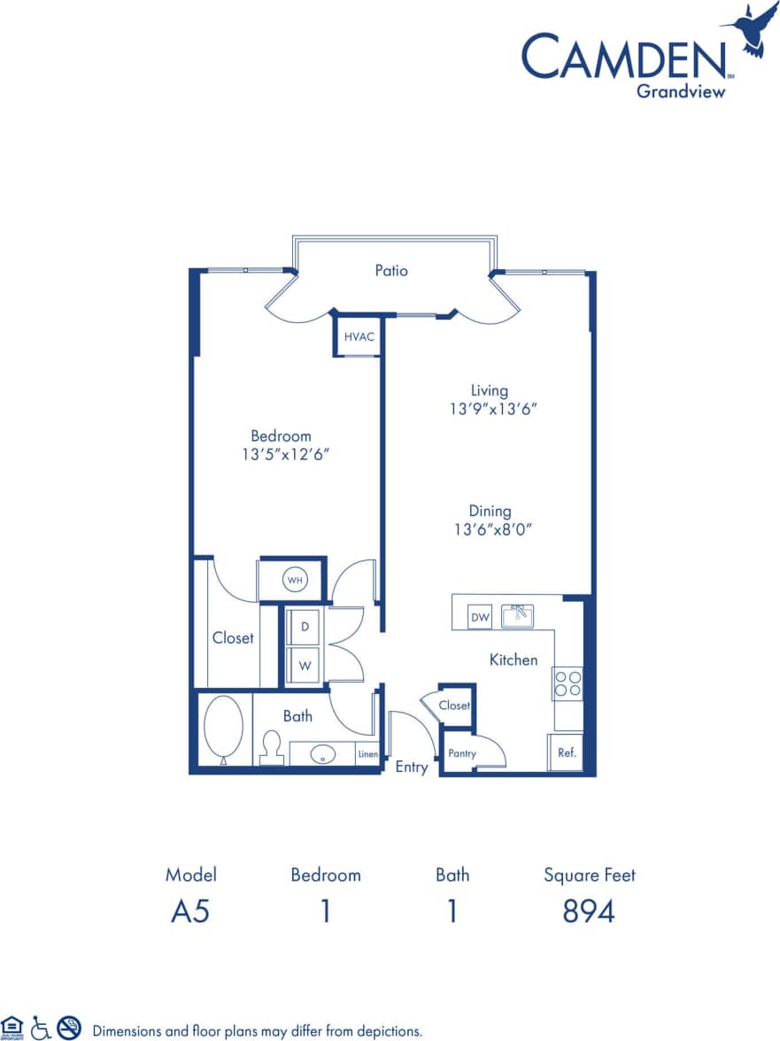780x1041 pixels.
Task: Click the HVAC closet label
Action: pyautogui.click(x=358, y=336)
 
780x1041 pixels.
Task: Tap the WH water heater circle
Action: pyautogui.click(x=295, y=581)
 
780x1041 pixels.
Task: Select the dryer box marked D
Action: pyautogui.click(x=305, y=627)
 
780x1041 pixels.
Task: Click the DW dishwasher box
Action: pyautogui.click(x=480, y=617)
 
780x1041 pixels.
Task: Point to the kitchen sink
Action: pyautogui.click(x=517, y=615)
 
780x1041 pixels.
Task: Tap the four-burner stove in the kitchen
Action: pyautogui.click(x=568, y=682)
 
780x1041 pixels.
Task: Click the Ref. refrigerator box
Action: pyautogui.click(x=567, y=753)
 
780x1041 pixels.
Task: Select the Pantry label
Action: pyautogui.click(x=462, y=753)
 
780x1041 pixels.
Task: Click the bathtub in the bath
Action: pyautogui.click(x=224, y=729)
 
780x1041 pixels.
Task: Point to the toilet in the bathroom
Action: pyautogui.click(x=272, y=748)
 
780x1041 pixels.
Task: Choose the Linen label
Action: pyautogui.click(x=368, y=755)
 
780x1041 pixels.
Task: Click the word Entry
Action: pyautogui.click(x=412, y=767)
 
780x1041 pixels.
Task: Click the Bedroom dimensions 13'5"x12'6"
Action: pyautogui.click(x=282, y=454)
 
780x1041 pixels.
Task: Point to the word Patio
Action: pyautogui.click(x=390, y=271)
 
